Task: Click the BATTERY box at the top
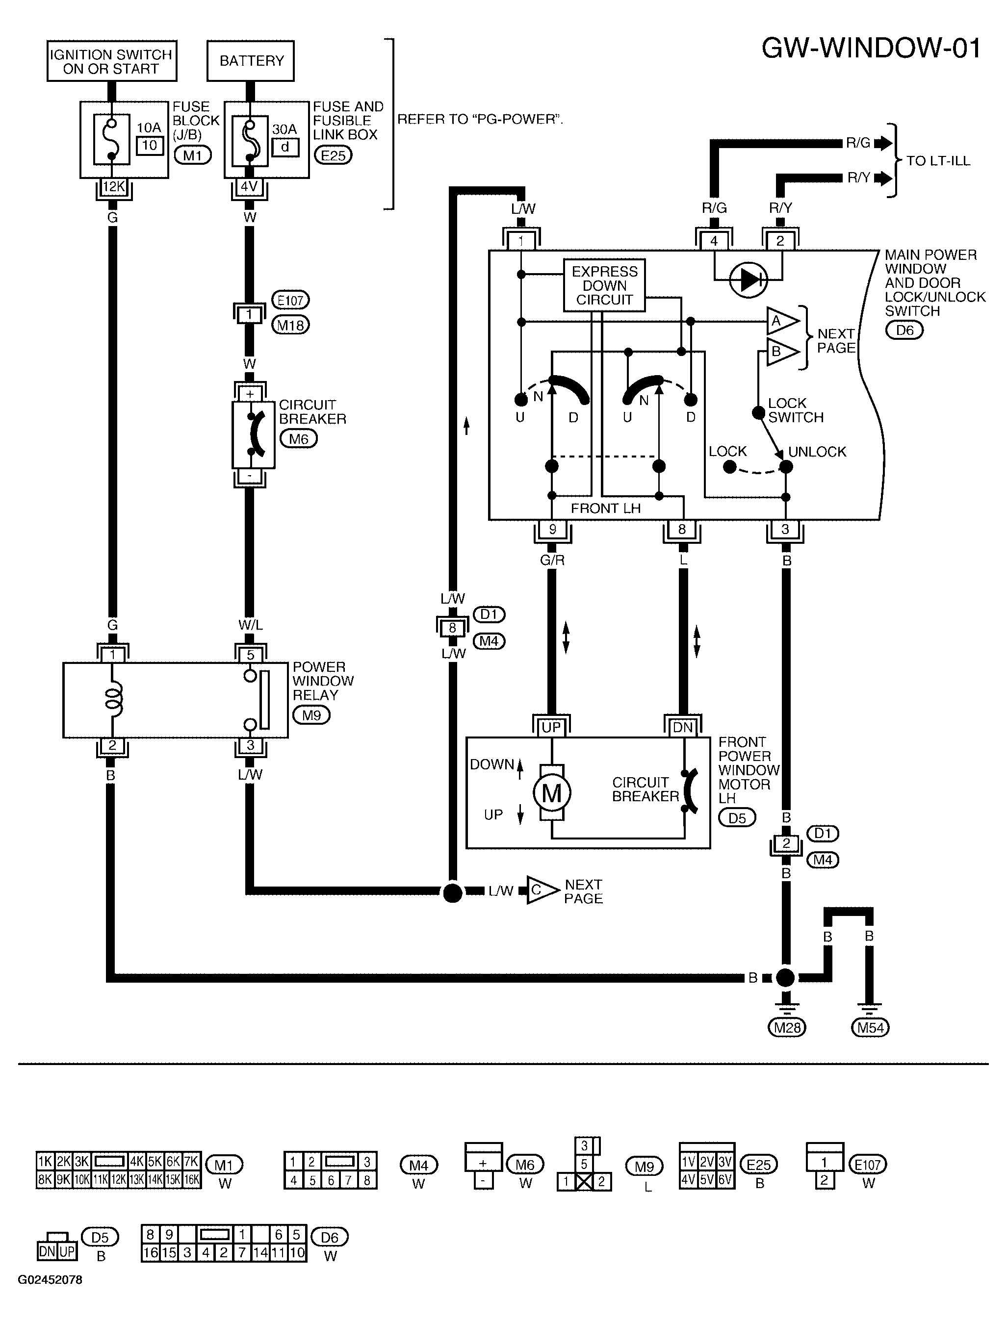point(251,60)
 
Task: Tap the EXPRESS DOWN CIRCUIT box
point(604,285)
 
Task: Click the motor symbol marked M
point(551,793)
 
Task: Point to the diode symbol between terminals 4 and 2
point(749,279)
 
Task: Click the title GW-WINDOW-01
point(872,48)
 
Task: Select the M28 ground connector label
point(787,1028)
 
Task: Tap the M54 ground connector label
point(870,1028)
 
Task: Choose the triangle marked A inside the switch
point(781,322)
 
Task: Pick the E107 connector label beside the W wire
point(291,300)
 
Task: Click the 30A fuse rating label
point(284,129)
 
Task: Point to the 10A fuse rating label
point(149,127)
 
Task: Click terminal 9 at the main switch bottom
point(552,529)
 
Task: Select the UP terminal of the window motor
point(551,727)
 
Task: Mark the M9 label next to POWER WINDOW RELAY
point(311,715)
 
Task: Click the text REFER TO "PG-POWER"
point(480,119)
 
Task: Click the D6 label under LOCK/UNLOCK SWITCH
point(904,330)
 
